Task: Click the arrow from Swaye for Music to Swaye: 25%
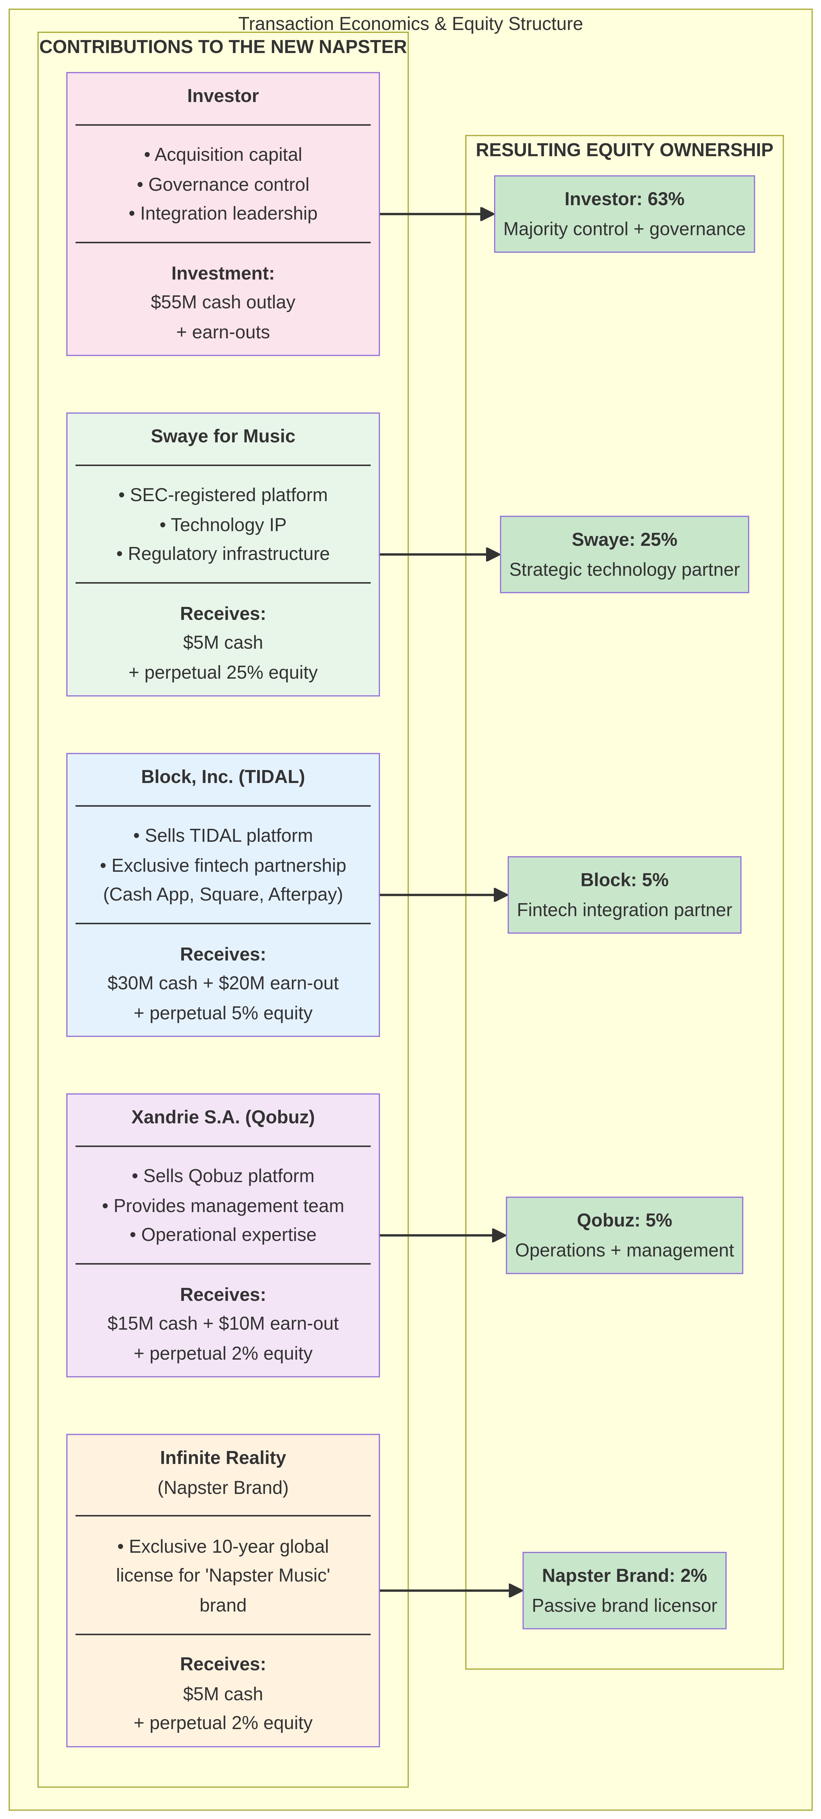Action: [x=438, y=554]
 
